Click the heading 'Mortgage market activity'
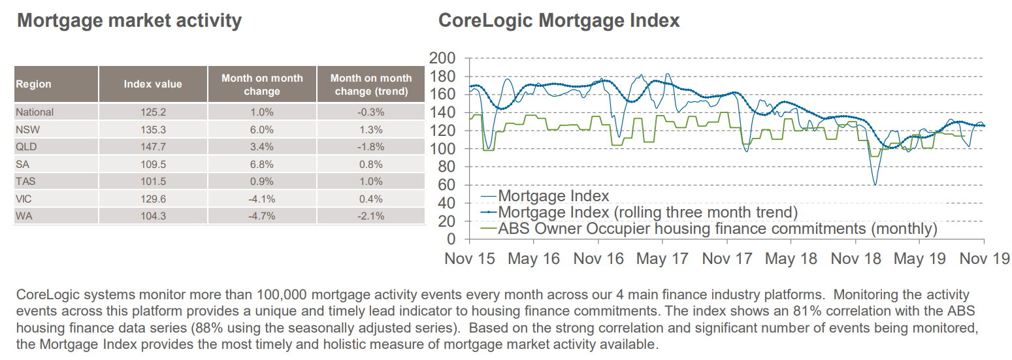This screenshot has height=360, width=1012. [129, 21]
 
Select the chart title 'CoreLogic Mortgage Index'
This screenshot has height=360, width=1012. [559, 21]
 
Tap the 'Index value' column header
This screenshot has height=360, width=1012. [153, 84]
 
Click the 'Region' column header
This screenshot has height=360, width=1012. [33, 84]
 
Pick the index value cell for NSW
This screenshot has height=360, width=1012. [153, 129]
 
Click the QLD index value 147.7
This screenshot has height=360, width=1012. [153, 146]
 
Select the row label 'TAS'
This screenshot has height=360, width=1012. [25, 181]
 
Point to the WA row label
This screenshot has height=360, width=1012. [24, 216]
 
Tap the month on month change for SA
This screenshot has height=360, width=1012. [262, 164]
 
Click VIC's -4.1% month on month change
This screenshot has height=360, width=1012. [262, 199]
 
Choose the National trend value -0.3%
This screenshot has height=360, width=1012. [371, 112]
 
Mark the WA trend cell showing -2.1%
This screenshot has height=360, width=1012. [371, 216]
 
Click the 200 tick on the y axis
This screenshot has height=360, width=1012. [442, 59]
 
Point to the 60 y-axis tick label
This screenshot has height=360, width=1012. [447, 186]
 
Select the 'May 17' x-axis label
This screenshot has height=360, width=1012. [662, 259]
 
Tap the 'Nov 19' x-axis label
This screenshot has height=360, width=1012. [984, 259]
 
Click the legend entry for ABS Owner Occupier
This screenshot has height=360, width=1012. [717, 229]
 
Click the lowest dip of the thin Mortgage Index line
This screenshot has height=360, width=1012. [875, 185]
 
